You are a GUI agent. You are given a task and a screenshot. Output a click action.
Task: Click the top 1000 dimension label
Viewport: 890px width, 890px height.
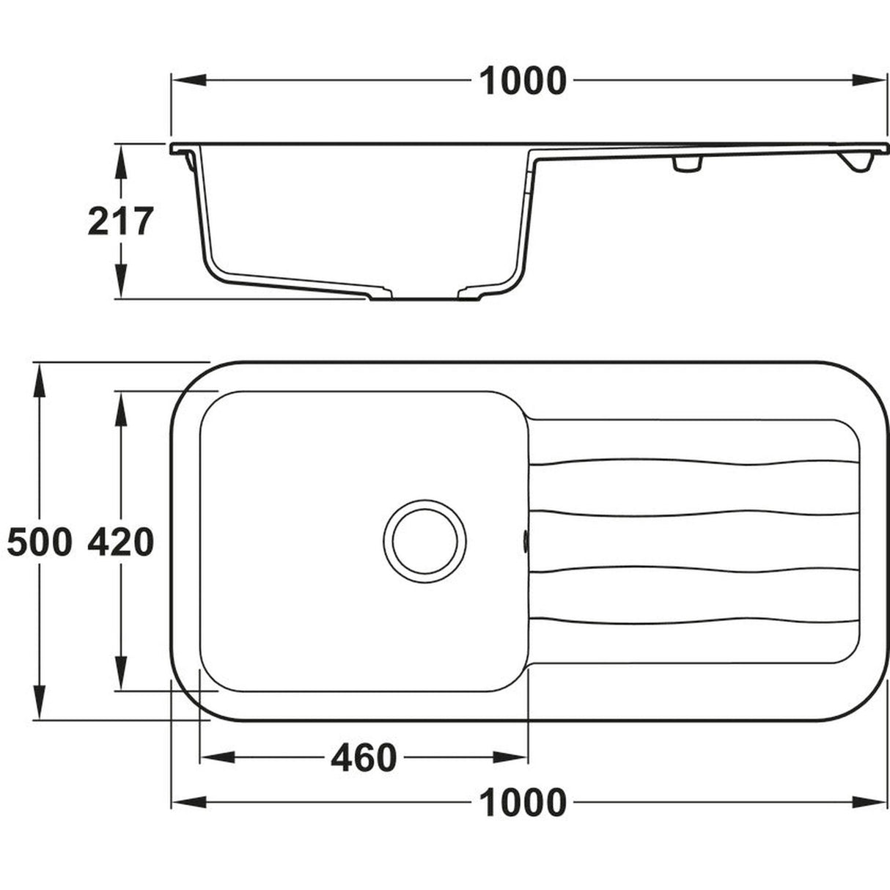coord(523,81)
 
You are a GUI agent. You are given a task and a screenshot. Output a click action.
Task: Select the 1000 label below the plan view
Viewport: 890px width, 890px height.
coord(523,802)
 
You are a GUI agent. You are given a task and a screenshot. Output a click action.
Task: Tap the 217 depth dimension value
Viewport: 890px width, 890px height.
coord(120,221)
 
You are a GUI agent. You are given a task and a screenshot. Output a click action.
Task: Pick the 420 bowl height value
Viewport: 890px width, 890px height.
coord(120,543)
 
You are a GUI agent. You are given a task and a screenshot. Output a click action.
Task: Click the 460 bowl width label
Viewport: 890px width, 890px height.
coord(363,758)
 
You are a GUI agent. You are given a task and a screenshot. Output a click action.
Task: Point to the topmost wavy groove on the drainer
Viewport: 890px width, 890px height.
coord(693,463)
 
